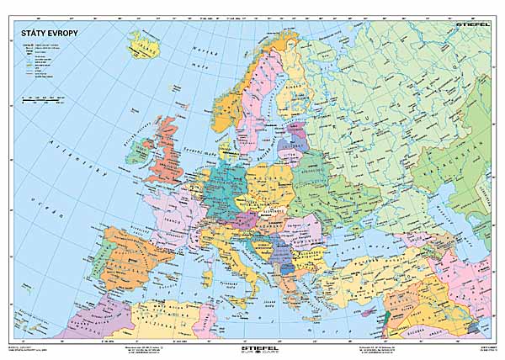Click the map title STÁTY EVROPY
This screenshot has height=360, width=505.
43,33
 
